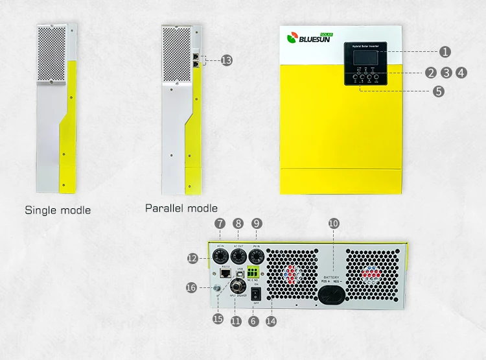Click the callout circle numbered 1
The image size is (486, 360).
pos(445,51)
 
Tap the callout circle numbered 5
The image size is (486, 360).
pos(439,91)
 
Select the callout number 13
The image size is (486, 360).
pos(226,60)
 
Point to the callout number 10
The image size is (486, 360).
pos(333,222)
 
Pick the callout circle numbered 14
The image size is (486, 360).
pos(271,320)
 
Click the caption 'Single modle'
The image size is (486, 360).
pos(58,210)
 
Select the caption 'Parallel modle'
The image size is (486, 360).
pos(181,208)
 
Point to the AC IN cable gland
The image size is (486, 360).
pos(220,257)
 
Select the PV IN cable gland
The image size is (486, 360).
pos(257,257)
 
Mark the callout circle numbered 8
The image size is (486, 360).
pos(238,222)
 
